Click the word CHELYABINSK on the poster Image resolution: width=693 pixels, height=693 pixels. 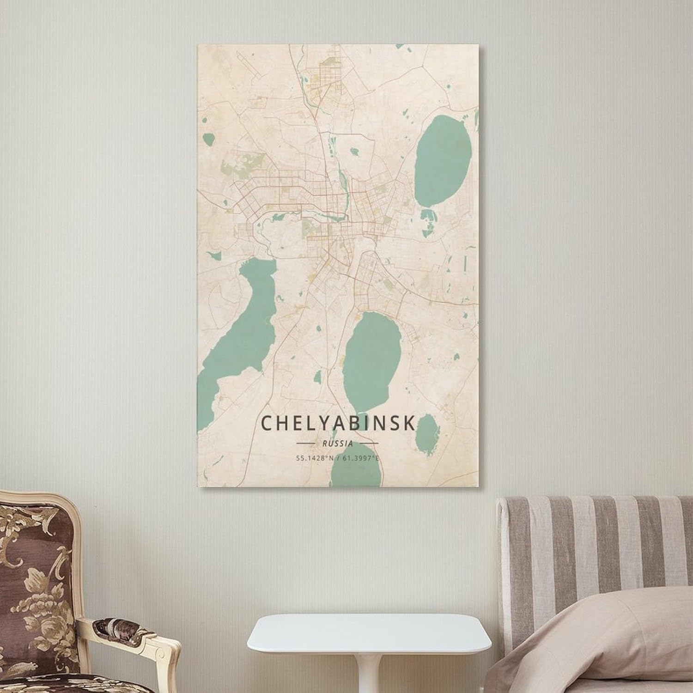click(338, 423)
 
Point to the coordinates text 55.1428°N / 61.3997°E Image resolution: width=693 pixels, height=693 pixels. click(338, 458)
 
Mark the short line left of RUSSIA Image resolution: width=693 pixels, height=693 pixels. click(304, 444)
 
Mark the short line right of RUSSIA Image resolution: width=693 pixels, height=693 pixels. click(368, 444)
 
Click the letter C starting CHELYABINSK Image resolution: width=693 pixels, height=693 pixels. click(267, 423)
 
